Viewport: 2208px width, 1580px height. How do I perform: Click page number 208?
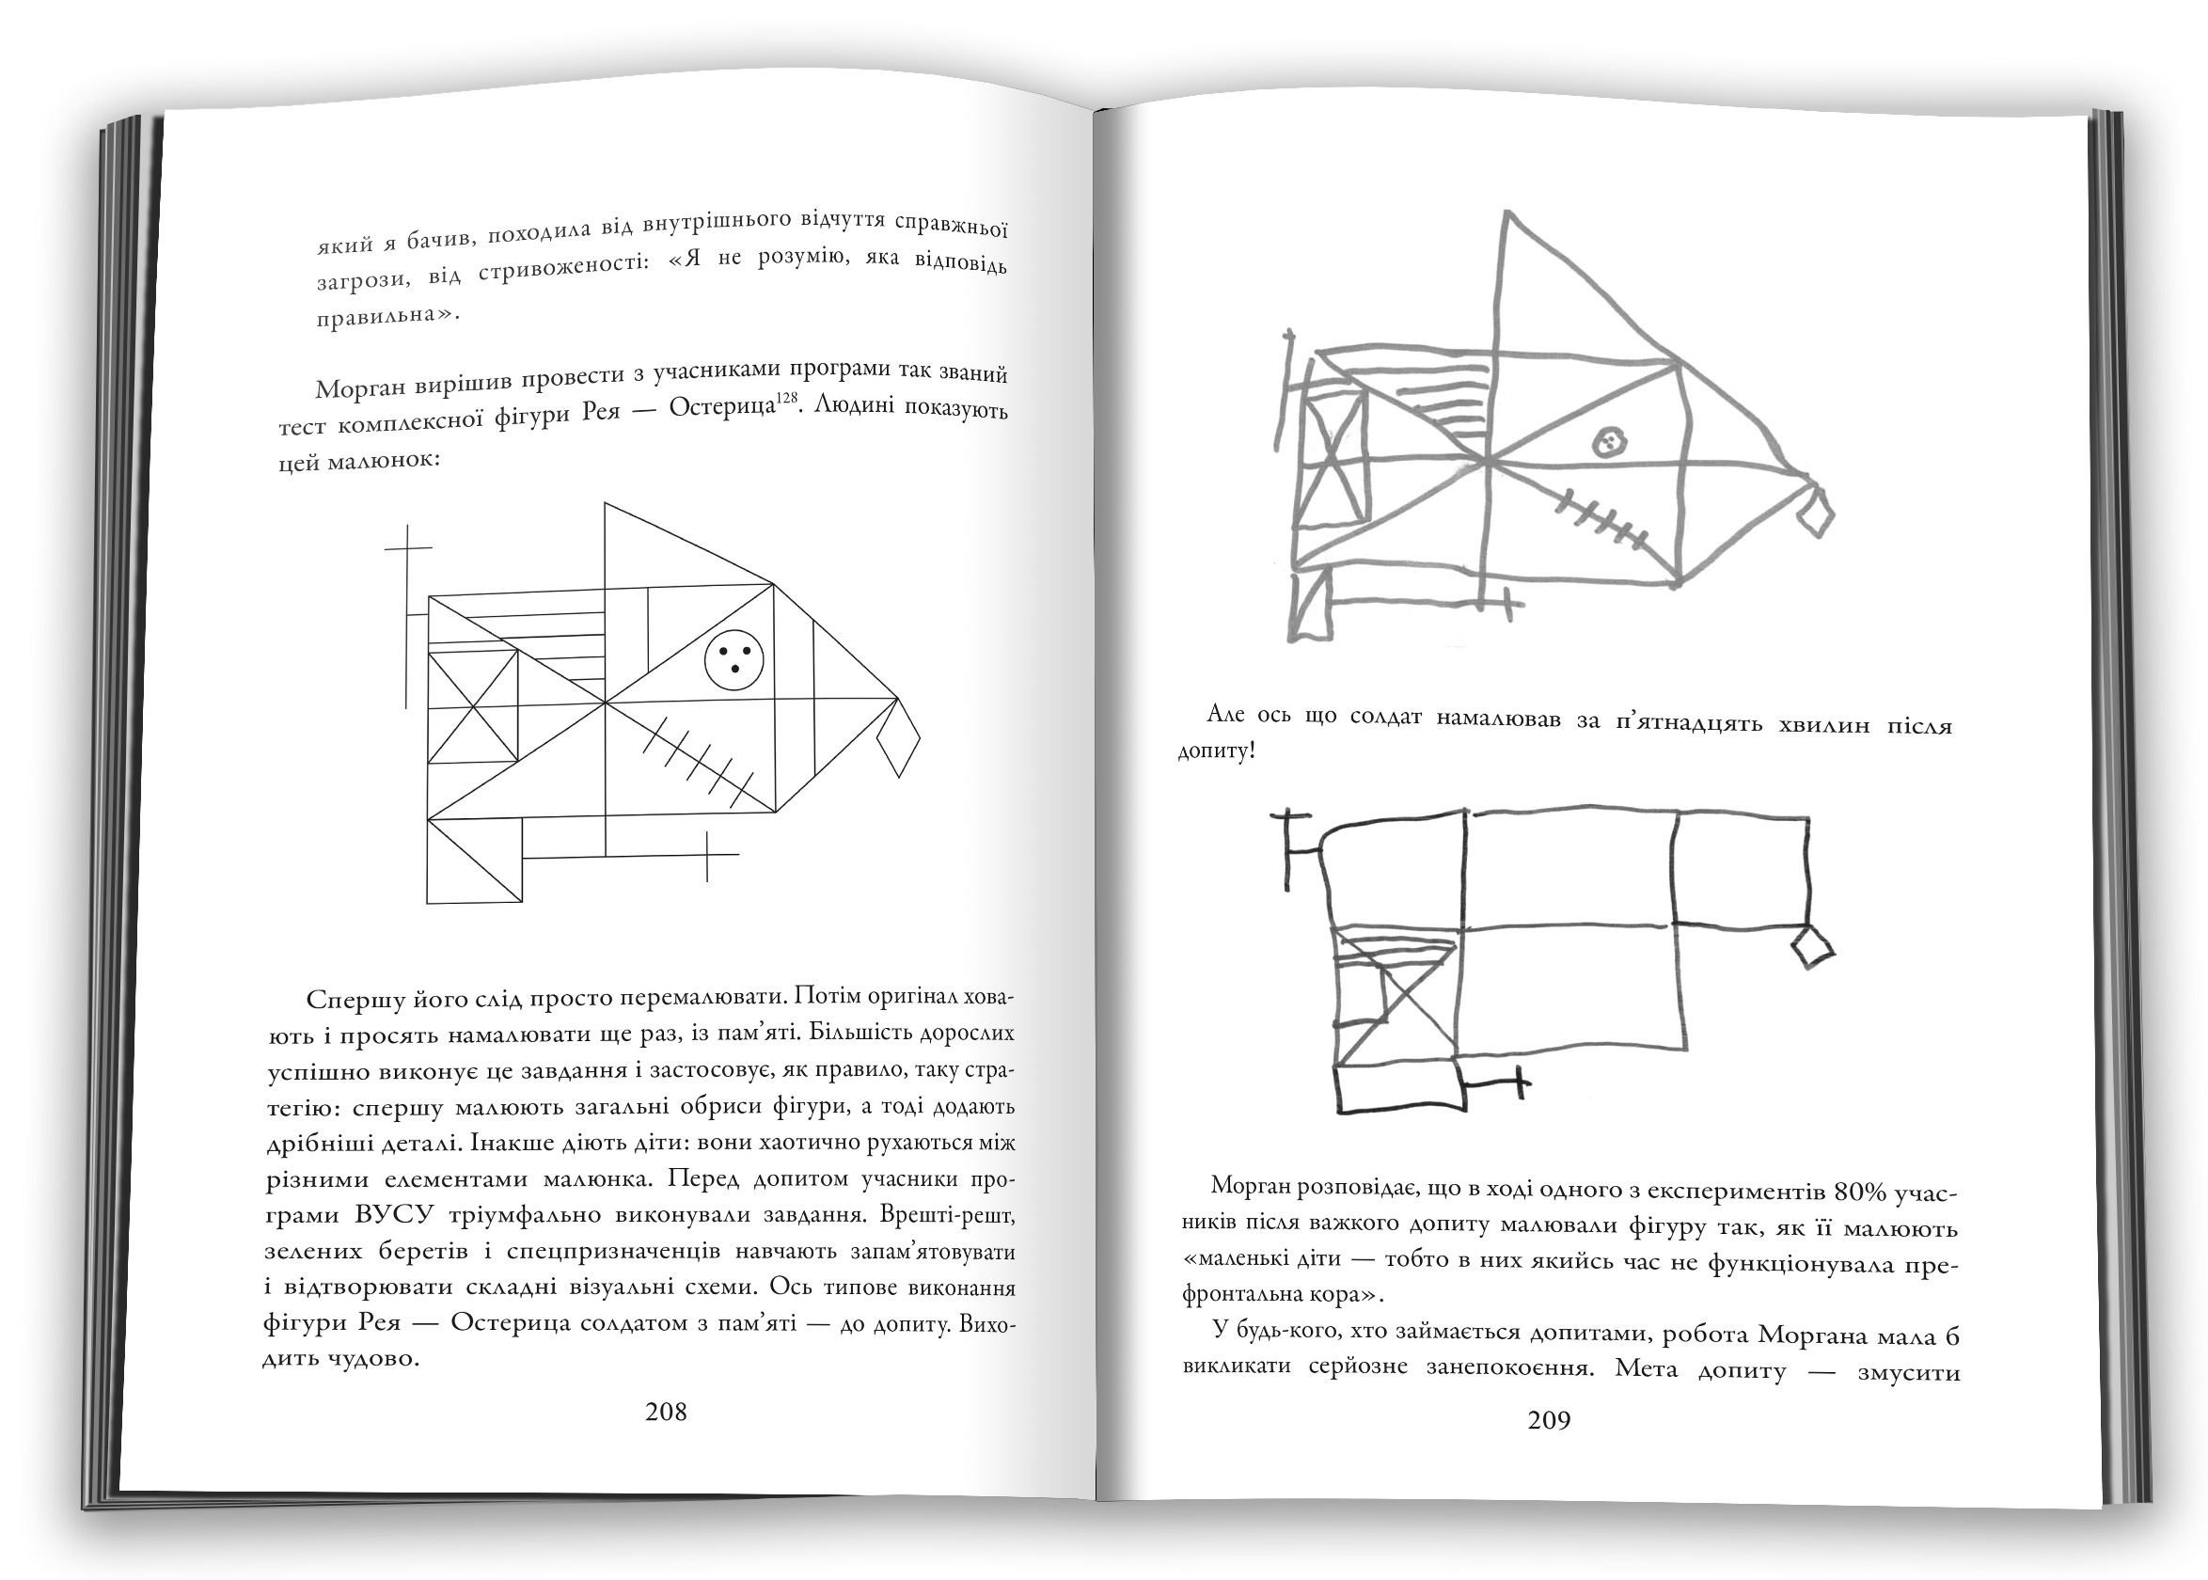(x=666, y=1412)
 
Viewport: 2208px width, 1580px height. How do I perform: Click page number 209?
(x=1549, y=1420)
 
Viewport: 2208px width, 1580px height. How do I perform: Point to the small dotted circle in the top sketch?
(x=1609, y=443)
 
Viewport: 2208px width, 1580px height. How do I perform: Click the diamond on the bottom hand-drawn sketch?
(x=1811, y=947)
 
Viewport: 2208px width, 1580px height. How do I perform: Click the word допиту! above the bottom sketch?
(x=1216, y=752)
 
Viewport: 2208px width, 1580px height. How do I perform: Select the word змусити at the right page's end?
(x=1907, y=1373)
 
